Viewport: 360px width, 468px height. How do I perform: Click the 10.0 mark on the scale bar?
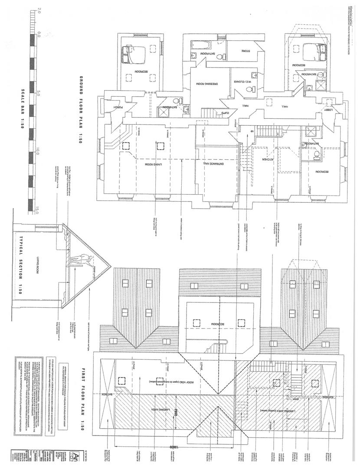pyautogui.click(x=38, y=151)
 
